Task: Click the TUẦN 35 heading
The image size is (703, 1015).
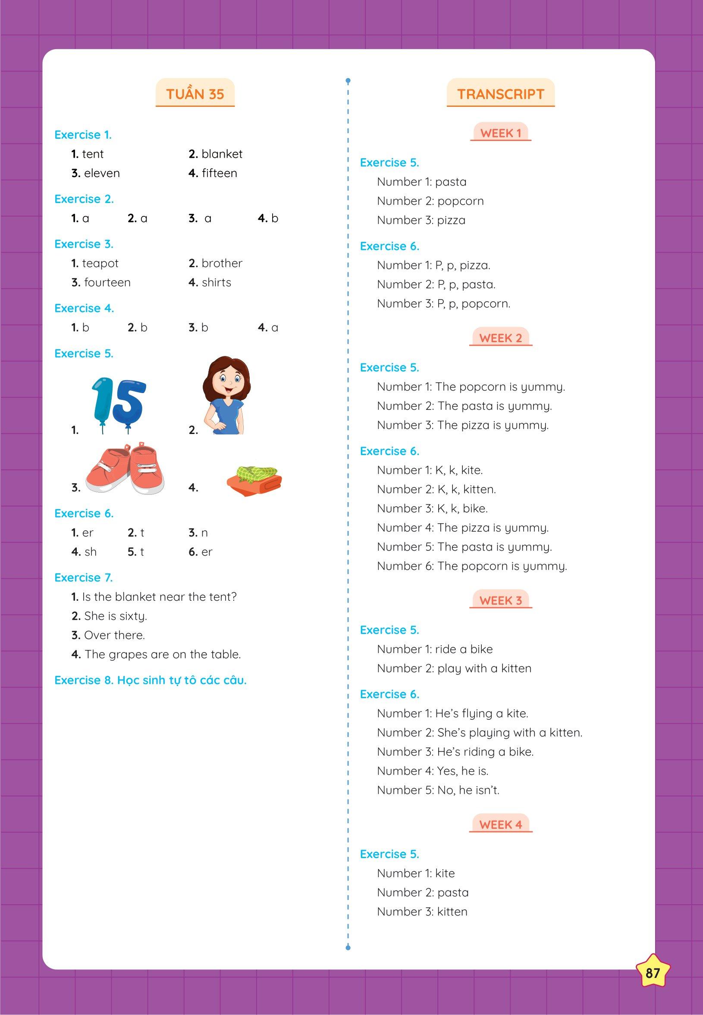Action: pyautogui.click(x=195, y=94)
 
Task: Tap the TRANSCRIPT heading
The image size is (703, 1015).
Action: pyautogui.click(x=500, y=94)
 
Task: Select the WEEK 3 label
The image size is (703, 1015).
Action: pyautogui.click(x=500, y=600)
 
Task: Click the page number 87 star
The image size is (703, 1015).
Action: pyautogui.click(x=653, y=972)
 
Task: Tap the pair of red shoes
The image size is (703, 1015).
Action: pyautogui.click(x=124, y=468)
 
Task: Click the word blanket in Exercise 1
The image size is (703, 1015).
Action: pyautogui.click(x=222, y=154)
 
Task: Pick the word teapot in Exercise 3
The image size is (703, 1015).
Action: pyautogui.click(x=100, y=263)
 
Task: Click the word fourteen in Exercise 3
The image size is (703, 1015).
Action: pyautogui.click(x=107, y=283)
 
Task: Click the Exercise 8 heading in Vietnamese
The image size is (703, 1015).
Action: pyautogui.click(x=150, y=681)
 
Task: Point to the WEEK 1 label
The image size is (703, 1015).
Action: pyautogui.click(x=500, y=133)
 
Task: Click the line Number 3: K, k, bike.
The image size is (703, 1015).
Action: pyautogui.click(x=432, y=509)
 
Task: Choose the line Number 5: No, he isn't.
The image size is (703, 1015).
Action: pyautogui.click(x=438, y=790)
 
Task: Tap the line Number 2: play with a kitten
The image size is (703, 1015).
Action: pyautogui.click(x=454, y=668)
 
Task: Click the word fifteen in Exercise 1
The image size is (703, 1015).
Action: pyautogui.click(x=219, y=173)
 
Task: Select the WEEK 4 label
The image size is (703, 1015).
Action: pyautogui.click(x=500, y=824)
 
